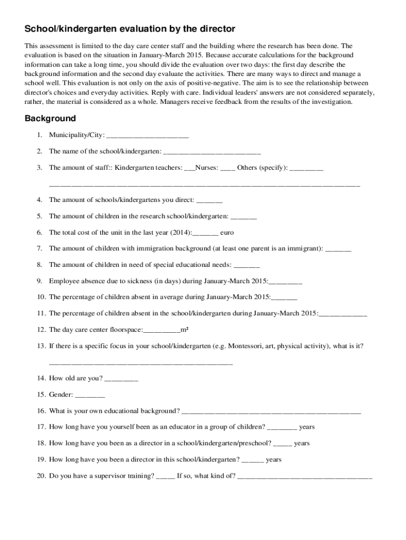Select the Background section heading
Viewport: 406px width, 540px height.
(50, 118)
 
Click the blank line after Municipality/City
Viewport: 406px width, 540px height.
(147, 136)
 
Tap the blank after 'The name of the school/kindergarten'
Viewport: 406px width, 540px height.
(212, 152)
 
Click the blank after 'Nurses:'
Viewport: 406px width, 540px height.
(228, 169)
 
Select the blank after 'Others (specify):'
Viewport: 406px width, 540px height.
(306, 169)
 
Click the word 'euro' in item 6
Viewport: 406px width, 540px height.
(227, 233)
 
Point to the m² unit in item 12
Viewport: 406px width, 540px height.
(185, 330)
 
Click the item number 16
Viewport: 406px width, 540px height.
(41, 411)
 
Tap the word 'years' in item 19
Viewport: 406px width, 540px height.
(274, 460)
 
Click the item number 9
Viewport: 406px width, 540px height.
(40, 281)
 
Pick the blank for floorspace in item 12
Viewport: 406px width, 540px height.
(162, 331)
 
